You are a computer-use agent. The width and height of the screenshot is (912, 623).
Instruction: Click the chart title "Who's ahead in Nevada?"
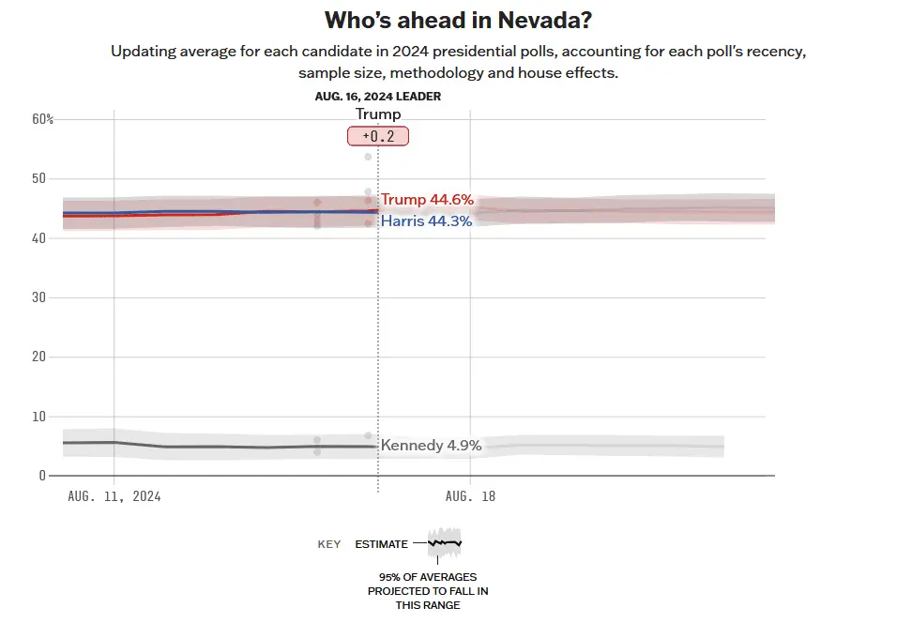click(x=458, y=21)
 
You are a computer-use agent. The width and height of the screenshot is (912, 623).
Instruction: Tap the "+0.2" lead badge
click(x=378, y=137)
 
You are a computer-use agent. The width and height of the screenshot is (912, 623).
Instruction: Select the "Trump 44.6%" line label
click(x=427, y=200)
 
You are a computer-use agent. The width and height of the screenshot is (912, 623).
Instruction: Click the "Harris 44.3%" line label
click(x=426, y=221)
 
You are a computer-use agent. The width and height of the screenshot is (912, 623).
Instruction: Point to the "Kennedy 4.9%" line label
click(x=431, y=446)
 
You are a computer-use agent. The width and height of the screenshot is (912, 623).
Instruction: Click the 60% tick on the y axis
click(x=43, y=119)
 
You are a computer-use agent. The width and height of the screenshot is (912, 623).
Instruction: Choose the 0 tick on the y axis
click(x=41, y=476)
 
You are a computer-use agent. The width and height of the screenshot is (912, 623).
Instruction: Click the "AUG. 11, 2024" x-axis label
click(x=114, y=496)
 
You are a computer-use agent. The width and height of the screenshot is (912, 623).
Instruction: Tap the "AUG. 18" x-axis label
click(x=470, y=496)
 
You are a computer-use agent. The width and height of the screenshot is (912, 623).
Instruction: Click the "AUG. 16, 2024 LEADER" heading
click(x=378, y=96)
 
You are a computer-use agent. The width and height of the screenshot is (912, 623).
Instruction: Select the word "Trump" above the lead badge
click(x=378, y=114)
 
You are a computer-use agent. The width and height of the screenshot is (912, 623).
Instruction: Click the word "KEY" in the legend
click(x=328, y=544)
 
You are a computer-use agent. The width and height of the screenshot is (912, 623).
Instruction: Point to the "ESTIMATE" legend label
click(x=382, y=544)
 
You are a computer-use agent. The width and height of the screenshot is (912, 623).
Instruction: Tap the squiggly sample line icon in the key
click(x=445, y=542)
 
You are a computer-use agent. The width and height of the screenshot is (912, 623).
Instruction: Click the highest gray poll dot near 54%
click(x=369, y=157)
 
